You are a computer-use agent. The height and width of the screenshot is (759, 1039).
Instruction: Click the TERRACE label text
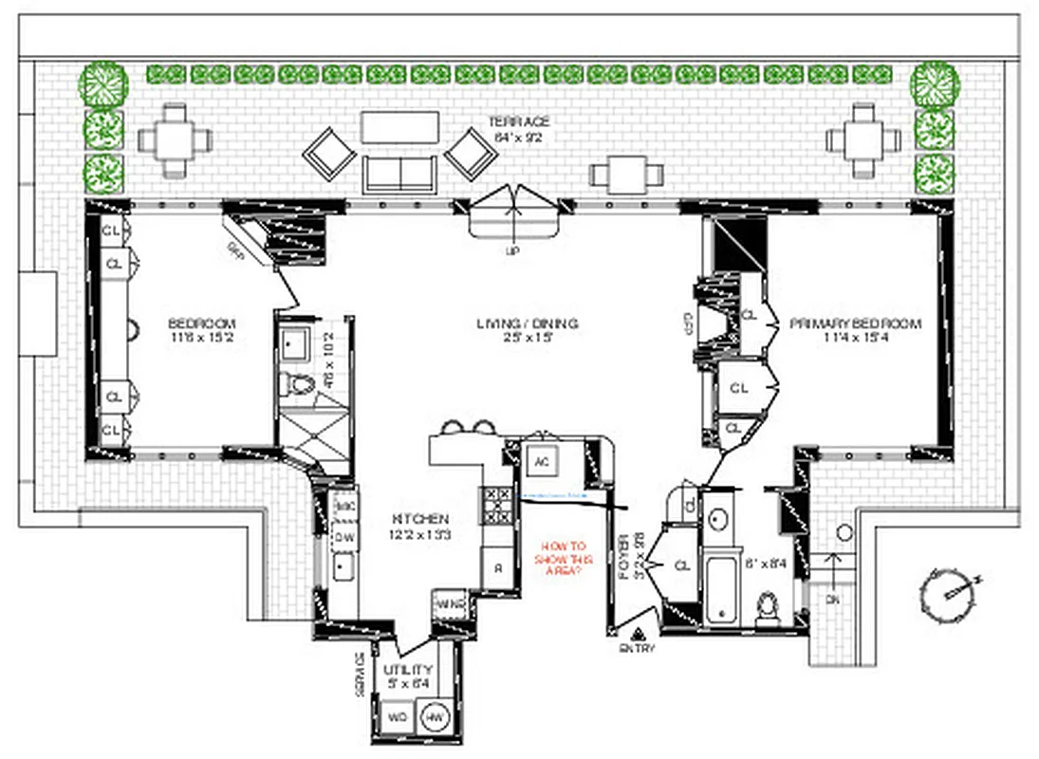[518, 122]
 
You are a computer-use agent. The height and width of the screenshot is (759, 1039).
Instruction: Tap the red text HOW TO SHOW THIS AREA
[564, 559]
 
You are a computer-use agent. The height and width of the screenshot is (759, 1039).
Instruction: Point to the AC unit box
[542, 463]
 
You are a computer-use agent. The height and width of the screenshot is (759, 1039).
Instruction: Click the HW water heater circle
[435, 717]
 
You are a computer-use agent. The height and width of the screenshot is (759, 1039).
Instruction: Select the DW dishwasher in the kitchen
[343, 537]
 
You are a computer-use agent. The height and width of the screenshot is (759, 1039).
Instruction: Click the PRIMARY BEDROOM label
[855, 324]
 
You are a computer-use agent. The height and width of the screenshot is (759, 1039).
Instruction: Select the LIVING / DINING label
[527, 324]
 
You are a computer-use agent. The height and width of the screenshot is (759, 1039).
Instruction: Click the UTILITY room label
[407, 670]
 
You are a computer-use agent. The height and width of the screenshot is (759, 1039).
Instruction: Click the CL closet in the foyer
[681, 565]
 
